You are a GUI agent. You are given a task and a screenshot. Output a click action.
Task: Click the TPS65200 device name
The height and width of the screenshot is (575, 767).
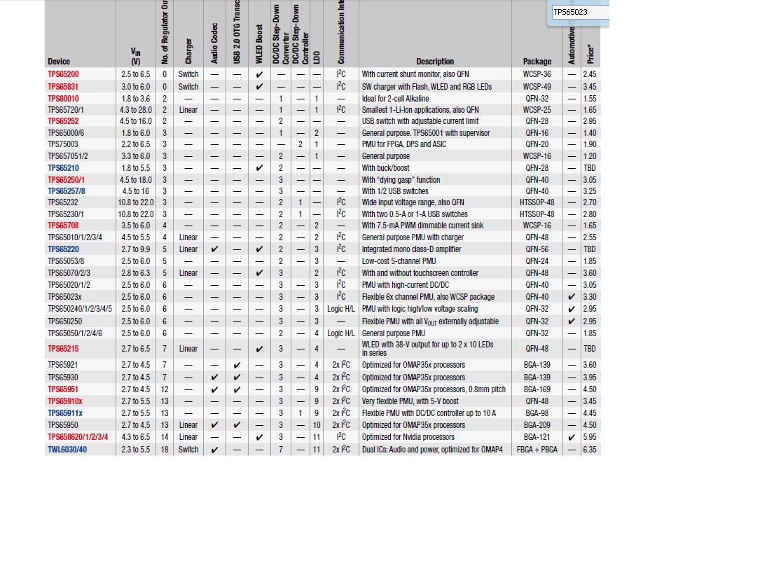tap(63, 74)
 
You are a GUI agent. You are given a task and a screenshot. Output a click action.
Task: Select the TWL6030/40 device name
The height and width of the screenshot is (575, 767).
tap(67, 450)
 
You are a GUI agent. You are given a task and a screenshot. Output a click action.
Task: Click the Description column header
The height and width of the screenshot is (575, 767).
tap(435, 62)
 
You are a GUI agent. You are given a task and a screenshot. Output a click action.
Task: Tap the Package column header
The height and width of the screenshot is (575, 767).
tap(537, 62)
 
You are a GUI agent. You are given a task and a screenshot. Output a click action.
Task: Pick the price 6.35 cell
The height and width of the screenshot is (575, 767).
tap(590, 450)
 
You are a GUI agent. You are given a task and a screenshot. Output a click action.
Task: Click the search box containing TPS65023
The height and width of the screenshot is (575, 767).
tap(579, 12)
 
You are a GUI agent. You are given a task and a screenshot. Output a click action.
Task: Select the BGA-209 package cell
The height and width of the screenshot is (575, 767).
tap(537, 425)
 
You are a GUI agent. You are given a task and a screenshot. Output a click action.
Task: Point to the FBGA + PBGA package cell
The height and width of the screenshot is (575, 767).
tap(537, 450)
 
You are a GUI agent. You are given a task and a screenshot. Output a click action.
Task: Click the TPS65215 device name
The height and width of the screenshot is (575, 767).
tap(63, 349)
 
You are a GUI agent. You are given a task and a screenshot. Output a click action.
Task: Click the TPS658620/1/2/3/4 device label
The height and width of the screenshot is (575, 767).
tap(78, 437)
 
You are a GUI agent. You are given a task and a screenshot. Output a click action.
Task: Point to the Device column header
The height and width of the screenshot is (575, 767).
tap(59, 62)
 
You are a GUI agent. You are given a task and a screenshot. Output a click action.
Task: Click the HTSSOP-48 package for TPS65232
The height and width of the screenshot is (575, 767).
tap(537, 202)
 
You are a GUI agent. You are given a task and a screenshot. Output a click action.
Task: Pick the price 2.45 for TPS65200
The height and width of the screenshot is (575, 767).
tap(590, 74)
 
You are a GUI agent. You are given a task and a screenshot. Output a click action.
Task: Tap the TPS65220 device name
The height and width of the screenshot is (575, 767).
tap(63, 249)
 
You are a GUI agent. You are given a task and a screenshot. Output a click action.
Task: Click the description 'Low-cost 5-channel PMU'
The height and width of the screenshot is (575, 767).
tap(399, 261)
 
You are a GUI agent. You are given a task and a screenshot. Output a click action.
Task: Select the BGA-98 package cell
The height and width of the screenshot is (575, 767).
tap(537, 413)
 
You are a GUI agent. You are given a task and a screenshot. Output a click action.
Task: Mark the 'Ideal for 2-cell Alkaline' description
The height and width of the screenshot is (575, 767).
tap(396, 99)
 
